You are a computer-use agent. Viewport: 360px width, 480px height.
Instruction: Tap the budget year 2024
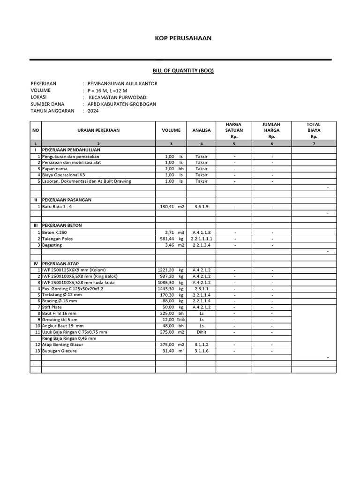pyautogui.click(x=94, y=111)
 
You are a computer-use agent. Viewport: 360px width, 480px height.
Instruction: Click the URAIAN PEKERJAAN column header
pyautogui.click(x=98, y=130)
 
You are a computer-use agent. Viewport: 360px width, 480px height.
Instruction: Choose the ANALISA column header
pyautogui.click(x=202, y=130)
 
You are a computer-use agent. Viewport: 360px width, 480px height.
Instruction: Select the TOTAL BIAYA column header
pyautogui.click(x=314, y=130)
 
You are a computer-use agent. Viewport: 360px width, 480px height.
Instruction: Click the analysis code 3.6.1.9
pyautogui.click(x=202, y=206)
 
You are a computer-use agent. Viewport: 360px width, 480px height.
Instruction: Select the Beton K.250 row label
pyautogui.click(x=55, y=232)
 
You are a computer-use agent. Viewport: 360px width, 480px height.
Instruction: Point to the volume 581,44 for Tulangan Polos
pyautogui.click(x=166, y=239)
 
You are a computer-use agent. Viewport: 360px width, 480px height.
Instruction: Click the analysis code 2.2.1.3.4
pyautogui.click(x=202, y=245)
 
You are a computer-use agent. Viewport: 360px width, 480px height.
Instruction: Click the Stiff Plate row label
pyautogui.click(x=52, y=307)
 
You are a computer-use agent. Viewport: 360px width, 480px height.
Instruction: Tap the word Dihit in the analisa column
pyautogui.click(x=202, y=332)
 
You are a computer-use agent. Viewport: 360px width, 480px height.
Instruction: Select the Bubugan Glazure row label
pyautogui.click(x=60, y=351)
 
